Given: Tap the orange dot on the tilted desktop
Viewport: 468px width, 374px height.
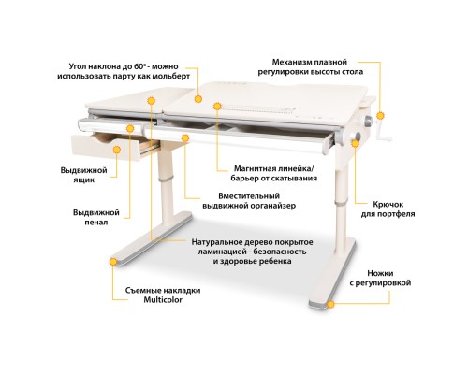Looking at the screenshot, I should pyautogui.click(x=198, y=96).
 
